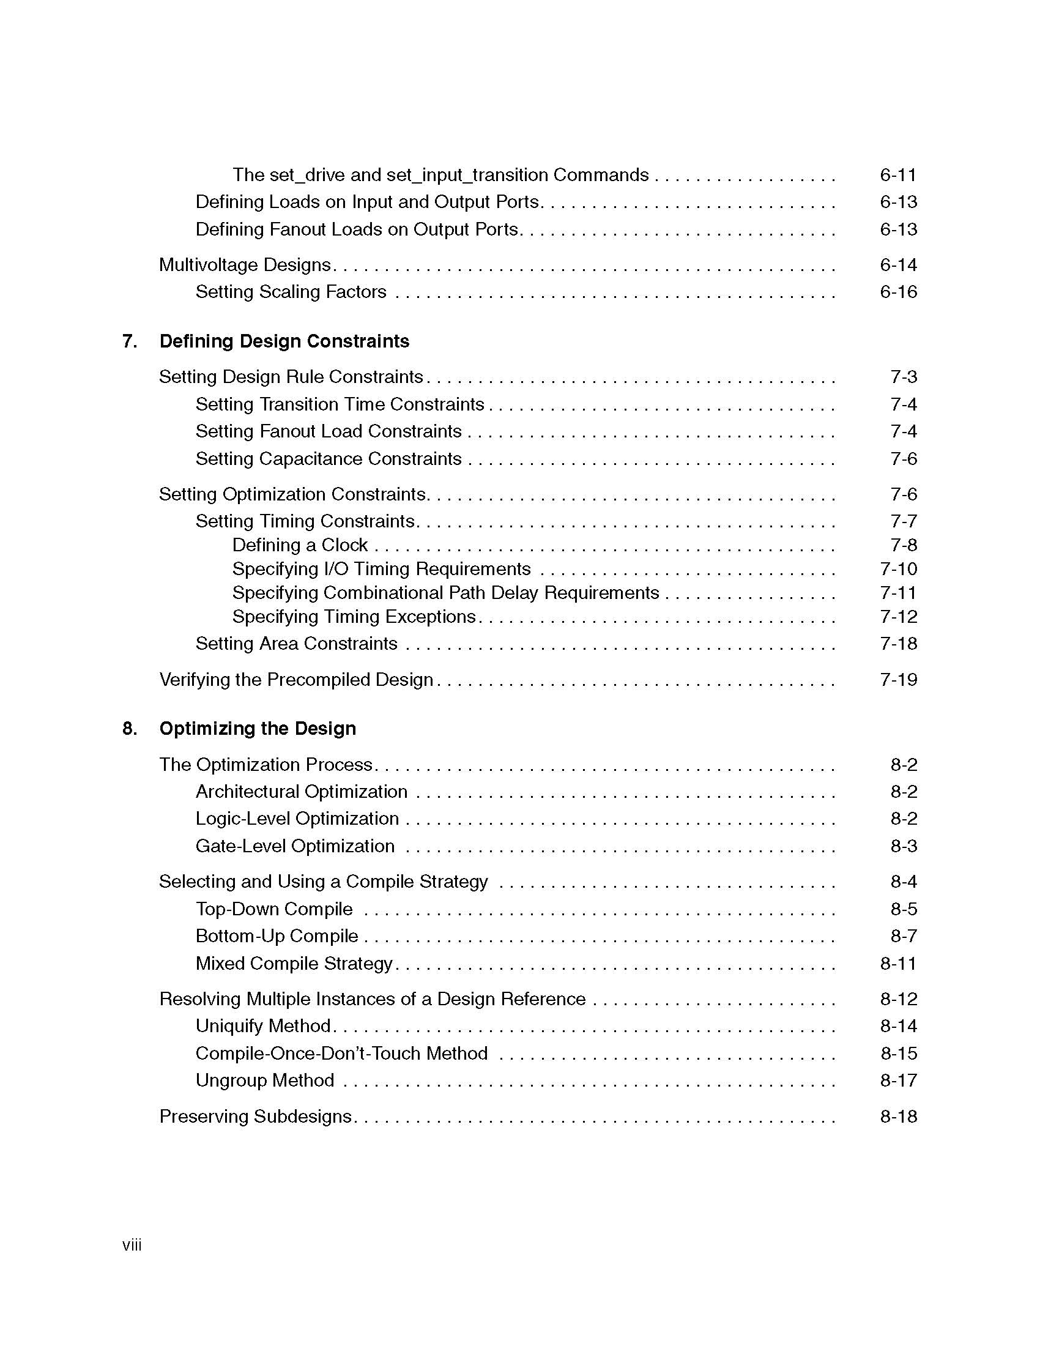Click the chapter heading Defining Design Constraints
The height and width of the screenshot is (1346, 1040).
[x=284, y=341]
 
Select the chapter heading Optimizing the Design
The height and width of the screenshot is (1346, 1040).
[x=258, y=729]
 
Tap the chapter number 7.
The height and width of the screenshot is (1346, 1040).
[x=129, y=341]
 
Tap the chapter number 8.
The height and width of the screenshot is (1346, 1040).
[x=129, y=729]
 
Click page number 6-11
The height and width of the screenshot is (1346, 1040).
[x=897, y=175]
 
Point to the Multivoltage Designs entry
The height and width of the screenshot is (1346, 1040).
[x=245, y=265]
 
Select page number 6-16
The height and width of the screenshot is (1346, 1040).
[x=897, y=291]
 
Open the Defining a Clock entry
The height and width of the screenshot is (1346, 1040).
[x=300, y=545]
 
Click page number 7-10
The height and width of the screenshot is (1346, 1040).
[x=898, y=569]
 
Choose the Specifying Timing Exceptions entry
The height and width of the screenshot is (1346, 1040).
[x=354, y=617]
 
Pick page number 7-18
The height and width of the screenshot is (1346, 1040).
[x=898, y=644]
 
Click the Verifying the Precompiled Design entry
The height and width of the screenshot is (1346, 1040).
[x=296, y=680]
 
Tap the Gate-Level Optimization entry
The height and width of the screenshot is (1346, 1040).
[x=295, y=846]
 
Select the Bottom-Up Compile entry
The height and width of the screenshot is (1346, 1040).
[x=277, y=936]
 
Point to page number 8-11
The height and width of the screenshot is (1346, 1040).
[x=897, y=963]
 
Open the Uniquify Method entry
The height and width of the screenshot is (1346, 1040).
[x=264, y=1026]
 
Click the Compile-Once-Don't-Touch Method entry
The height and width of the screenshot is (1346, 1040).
[x=341, y=1054]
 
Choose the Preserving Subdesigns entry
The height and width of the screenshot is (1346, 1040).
[x=255, y=1117]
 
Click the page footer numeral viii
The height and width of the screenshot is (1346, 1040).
[x=132, y=1246]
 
